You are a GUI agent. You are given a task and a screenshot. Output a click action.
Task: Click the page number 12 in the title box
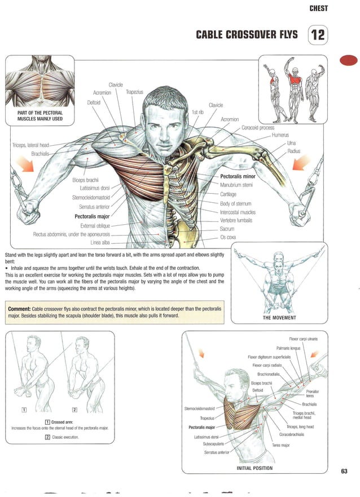coord(318,36)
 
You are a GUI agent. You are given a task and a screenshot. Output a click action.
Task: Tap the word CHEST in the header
coord(319,8)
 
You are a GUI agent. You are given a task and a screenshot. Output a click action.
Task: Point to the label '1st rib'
coord(199,112)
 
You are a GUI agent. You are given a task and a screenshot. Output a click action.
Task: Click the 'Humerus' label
coord(280,136)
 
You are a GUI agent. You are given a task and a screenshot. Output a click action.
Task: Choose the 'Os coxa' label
coord(227,237)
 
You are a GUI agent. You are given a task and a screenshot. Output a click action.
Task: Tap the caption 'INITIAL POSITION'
coord(254,468)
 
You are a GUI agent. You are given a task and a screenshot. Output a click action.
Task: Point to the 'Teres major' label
coord(282,445)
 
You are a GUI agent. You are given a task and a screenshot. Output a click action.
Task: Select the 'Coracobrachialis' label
coord(292,434)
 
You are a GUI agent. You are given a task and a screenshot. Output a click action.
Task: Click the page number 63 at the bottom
coord(344,470)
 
